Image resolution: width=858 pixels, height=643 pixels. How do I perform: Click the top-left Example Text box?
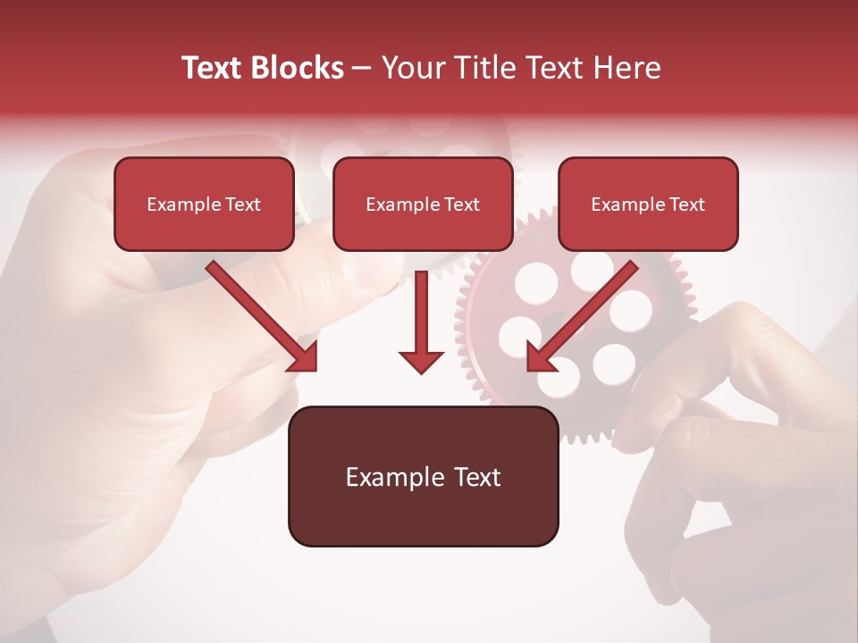[204, 204]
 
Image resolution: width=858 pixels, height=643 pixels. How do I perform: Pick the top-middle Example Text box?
[423, 204]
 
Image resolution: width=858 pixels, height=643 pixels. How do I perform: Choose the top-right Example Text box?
[648, 204]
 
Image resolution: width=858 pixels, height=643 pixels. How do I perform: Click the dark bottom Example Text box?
[423, 476]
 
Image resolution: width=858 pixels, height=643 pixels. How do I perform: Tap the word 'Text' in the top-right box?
[686, 205]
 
